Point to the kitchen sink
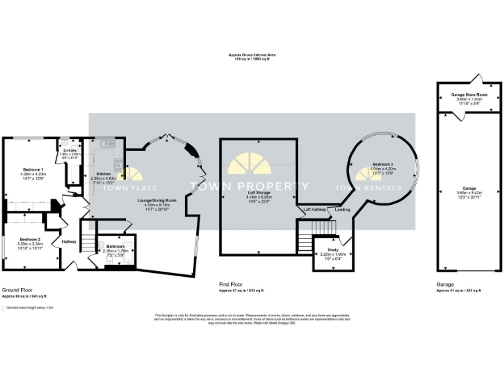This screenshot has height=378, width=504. tap(106, 143)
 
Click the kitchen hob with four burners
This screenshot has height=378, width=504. tap(119, 165)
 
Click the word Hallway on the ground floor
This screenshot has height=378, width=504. tap(69, 241)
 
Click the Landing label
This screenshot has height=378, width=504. tap(343, 210)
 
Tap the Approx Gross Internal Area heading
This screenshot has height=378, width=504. tap(252, 56)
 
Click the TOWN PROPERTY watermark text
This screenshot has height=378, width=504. tap(249, 187)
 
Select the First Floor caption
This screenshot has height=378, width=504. tap(231, 285)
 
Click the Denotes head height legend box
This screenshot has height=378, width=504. tap(3, 307)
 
